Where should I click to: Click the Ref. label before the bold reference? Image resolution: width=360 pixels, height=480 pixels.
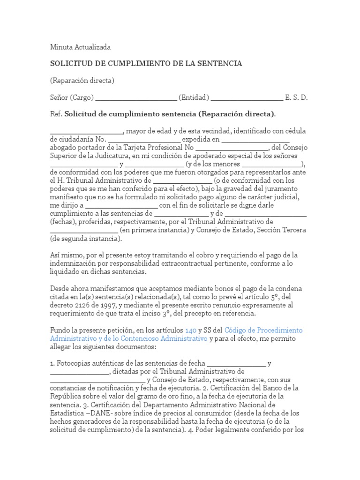pos(56,114)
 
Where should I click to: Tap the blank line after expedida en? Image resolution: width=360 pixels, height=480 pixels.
pos(255,140)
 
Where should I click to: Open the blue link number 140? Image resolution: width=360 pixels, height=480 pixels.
pos(191,330)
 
